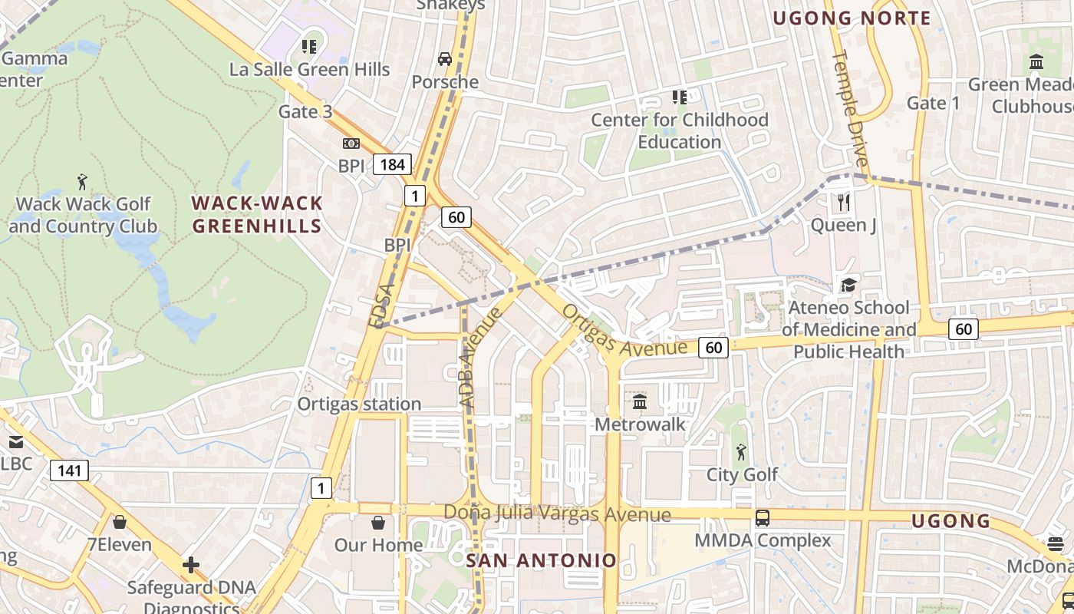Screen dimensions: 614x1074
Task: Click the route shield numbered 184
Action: pos(392,163)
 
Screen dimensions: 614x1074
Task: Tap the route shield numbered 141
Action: pos(69,470)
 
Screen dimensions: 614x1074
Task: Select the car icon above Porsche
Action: pos(444,59)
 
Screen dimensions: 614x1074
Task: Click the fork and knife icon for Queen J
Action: pos(844,202)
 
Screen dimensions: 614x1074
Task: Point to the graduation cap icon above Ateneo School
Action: pos(848,285)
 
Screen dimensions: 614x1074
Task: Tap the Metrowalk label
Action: pos(640,424)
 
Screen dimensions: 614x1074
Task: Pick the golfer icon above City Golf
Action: pos(740,451)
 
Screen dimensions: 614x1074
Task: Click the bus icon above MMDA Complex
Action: pos(762,518)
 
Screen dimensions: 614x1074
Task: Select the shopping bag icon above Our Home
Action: pos(378,523)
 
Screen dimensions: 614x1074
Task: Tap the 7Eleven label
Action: pos(119,544)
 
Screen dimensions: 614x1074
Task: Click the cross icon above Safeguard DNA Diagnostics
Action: pos(190,566)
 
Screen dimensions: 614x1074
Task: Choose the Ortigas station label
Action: pos(359,404)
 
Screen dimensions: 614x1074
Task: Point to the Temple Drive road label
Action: pos(851,108)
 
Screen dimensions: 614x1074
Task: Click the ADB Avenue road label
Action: pos(479,357)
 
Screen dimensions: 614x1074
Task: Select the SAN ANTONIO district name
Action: pos(542,560)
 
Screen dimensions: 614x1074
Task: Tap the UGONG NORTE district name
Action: pos(852,18)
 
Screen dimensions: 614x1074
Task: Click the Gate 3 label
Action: pos(305,111)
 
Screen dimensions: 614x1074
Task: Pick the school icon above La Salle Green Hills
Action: pos(309,47)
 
